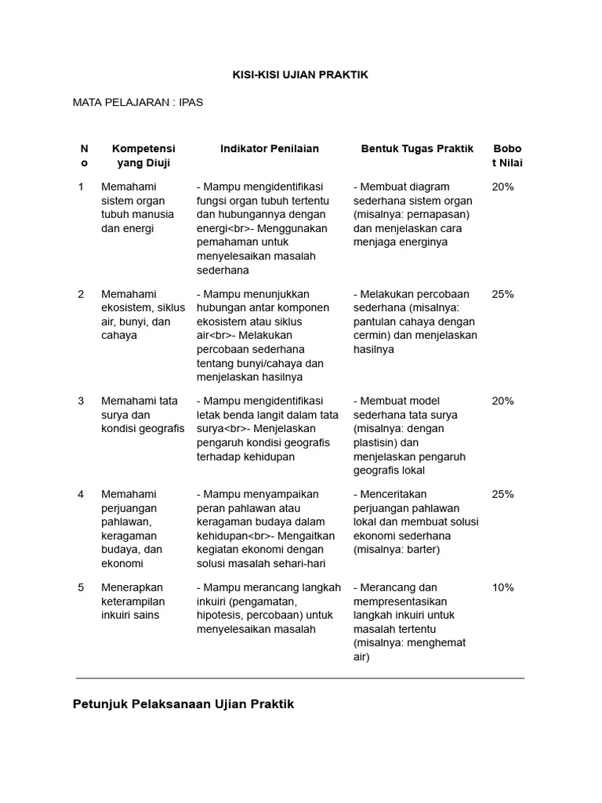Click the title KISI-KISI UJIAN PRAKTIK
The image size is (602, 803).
click(300, 74)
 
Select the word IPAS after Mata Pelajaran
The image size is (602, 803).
click(190, 102)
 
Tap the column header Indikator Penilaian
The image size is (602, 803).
click(269, 148)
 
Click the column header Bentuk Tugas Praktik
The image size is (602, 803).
click(417, 148)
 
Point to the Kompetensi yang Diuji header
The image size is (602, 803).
click(143, 155)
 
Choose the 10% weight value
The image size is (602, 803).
click(502, 587)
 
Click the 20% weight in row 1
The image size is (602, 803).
click(502, 187)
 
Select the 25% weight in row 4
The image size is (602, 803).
click(502, 494)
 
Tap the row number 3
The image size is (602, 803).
click(81, 401)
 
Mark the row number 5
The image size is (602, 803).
click(81, 587)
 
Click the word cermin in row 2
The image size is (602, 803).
click(372, 336)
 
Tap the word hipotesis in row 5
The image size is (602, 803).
click(223, 616)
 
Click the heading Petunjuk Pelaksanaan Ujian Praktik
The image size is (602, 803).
click(183, 703)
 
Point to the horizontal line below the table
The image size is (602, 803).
click(300, 678)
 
